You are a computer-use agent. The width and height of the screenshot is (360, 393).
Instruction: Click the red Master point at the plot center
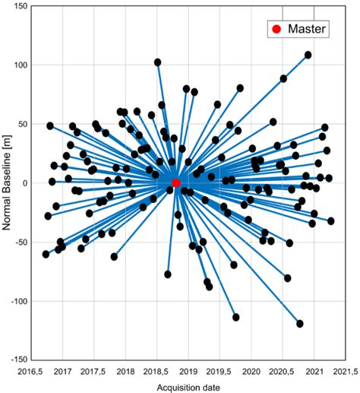point(176,183)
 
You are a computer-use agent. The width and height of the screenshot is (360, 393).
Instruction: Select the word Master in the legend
point(307,30)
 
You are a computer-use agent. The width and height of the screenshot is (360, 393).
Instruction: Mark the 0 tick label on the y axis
point(24,183)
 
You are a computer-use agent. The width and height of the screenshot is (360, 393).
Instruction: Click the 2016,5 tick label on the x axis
point(32,372)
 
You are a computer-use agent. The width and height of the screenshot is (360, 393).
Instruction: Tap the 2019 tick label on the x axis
point(188,372)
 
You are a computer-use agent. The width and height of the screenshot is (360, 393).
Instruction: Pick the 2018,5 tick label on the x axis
point(157,372)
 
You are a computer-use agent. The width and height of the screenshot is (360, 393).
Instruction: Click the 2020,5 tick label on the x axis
point(283,372)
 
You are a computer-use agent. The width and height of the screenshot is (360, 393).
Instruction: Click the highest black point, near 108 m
point(308,55)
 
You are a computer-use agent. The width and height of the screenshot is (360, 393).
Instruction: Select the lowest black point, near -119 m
point(300,324)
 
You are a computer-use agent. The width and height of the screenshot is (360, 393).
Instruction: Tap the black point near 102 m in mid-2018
point(158,62)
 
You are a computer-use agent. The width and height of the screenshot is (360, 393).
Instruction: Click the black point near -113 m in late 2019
point(236,317)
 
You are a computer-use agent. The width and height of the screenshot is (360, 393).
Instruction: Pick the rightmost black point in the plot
point(330,221)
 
